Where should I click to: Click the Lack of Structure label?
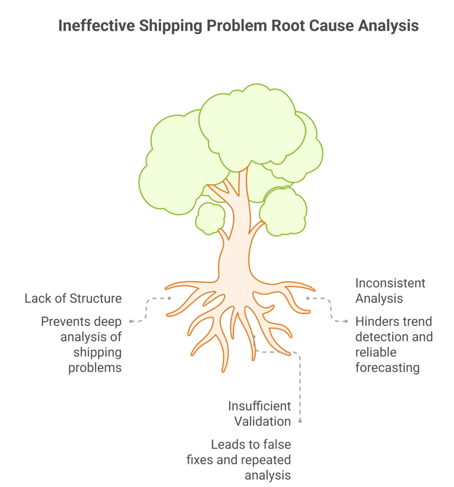(x=73, y=299)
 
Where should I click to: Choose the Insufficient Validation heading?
(x=259, y=414)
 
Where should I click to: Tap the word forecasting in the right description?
(x=387, y=368)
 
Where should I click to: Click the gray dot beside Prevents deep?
(x=131, y=321)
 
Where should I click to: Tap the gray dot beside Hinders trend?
(x=346, y=321)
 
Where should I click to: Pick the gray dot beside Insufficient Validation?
(x=301, y=421)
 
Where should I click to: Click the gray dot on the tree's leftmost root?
(x=169, y=298)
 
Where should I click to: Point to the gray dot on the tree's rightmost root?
(x=308, y=298)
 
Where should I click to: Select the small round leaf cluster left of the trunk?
(x=210, y=218)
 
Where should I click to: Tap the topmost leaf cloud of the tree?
(x=252, y=124)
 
